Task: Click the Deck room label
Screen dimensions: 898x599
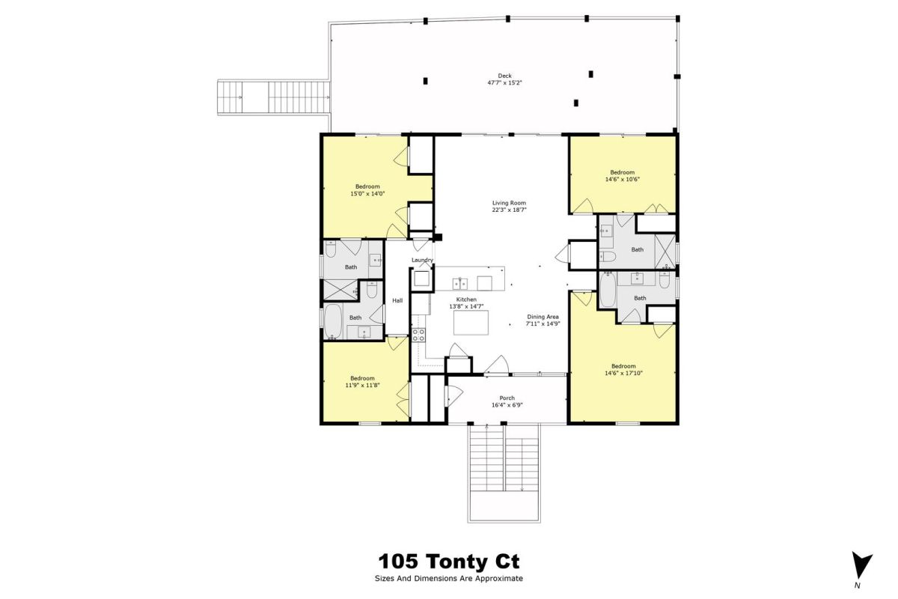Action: coord(504,76)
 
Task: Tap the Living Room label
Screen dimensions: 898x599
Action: coord(509,203)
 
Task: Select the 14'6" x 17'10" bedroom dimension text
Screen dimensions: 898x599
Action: coord(623,373)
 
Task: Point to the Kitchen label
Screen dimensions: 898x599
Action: coord(466,299)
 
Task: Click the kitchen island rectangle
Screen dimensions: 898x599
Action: coord(471,323)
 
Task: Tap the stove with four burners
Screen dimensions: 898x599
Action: coord(418,335)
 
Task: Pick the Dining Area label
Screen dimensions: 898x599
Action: coord(543,317)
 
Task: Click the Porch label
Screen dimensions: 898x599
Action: coord(507,398)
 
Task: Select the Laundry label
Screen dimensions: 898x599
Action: coord(423,260)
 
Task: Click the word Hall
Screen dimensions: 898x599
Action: coord(397,300)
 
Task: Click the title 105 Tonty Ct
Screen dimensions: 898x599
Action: coord(449,562)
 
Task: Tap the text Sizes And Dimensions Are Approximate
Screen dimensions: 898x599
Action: coord(449,579)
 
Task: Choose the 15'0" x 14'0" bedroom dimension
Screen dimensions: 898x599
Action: coord(367,193)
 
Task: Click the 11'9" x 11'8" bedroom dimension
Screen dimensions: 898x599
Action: coord(362,385)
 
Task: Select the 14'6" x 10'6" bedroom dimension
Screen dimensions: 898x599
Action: coord(622,180)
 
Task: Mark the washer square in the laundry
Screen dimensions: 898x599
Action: coord(421,279)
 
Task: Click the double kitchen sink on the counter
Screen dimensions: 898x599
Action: coord(459,284)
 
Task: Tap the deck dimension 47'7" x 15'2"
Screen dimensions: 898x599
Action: coord(504,83)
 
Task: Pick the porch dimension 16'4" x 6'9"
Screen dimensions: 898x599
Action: coord(507,405)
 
